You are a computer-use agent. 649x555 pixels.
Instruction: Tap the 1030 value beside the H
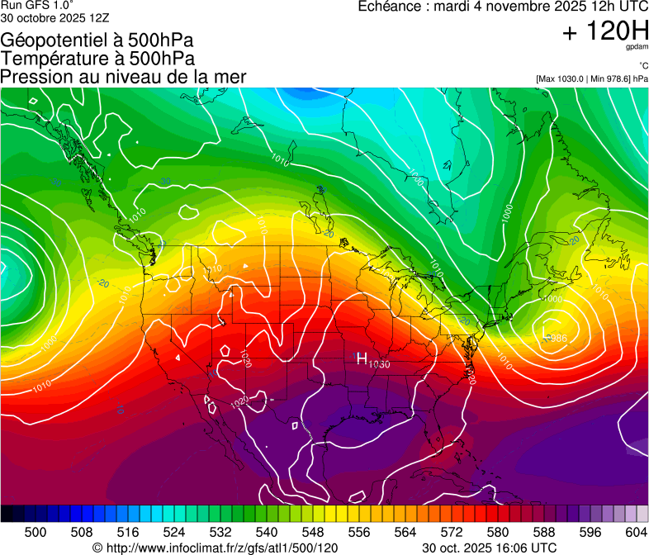[379, 364]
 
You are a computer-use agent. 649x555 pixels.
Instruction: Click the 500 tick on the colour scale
[36, 531]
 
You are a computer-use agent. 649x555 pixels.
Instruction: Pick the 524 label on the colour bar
[174, 531]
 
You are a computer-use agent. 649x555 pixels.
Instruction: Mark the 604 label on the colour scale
[636, 531]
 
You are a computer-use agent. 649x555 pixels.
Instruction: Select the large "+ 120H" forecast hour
[604, 32]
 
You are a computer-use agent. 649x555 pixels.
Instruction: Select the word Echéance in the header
[389, 7]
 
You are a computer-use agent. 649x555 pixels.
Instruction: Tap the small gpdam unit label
[637, 47]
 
